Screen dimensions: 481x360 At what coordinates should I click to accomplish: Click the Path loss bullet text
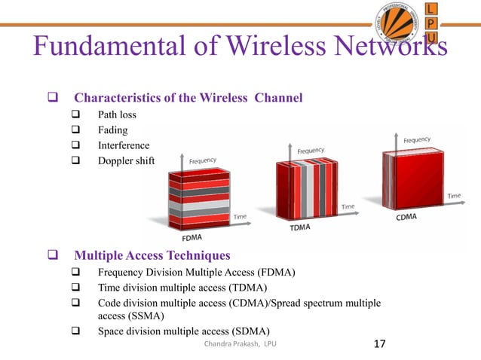(x=117, y=115)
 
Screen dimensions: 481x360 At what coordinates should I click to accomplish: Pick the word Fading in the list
(x=113, y=130)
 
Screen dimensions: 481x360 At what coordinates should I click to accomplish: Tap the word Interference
(x=124, y=145)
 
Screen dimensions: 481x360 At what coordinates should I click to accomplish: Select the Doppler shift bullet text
(x=125, y=160)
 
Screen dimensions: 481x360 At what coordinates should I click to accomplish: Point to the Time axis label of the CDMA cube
(x=454, y=196)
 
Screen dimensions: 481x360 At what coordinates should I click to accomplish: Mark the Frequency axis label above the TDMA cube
(x=311, y=150)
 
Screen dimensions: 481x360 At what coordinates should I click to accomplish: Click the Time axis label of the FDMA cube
(x=239, y=217)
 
